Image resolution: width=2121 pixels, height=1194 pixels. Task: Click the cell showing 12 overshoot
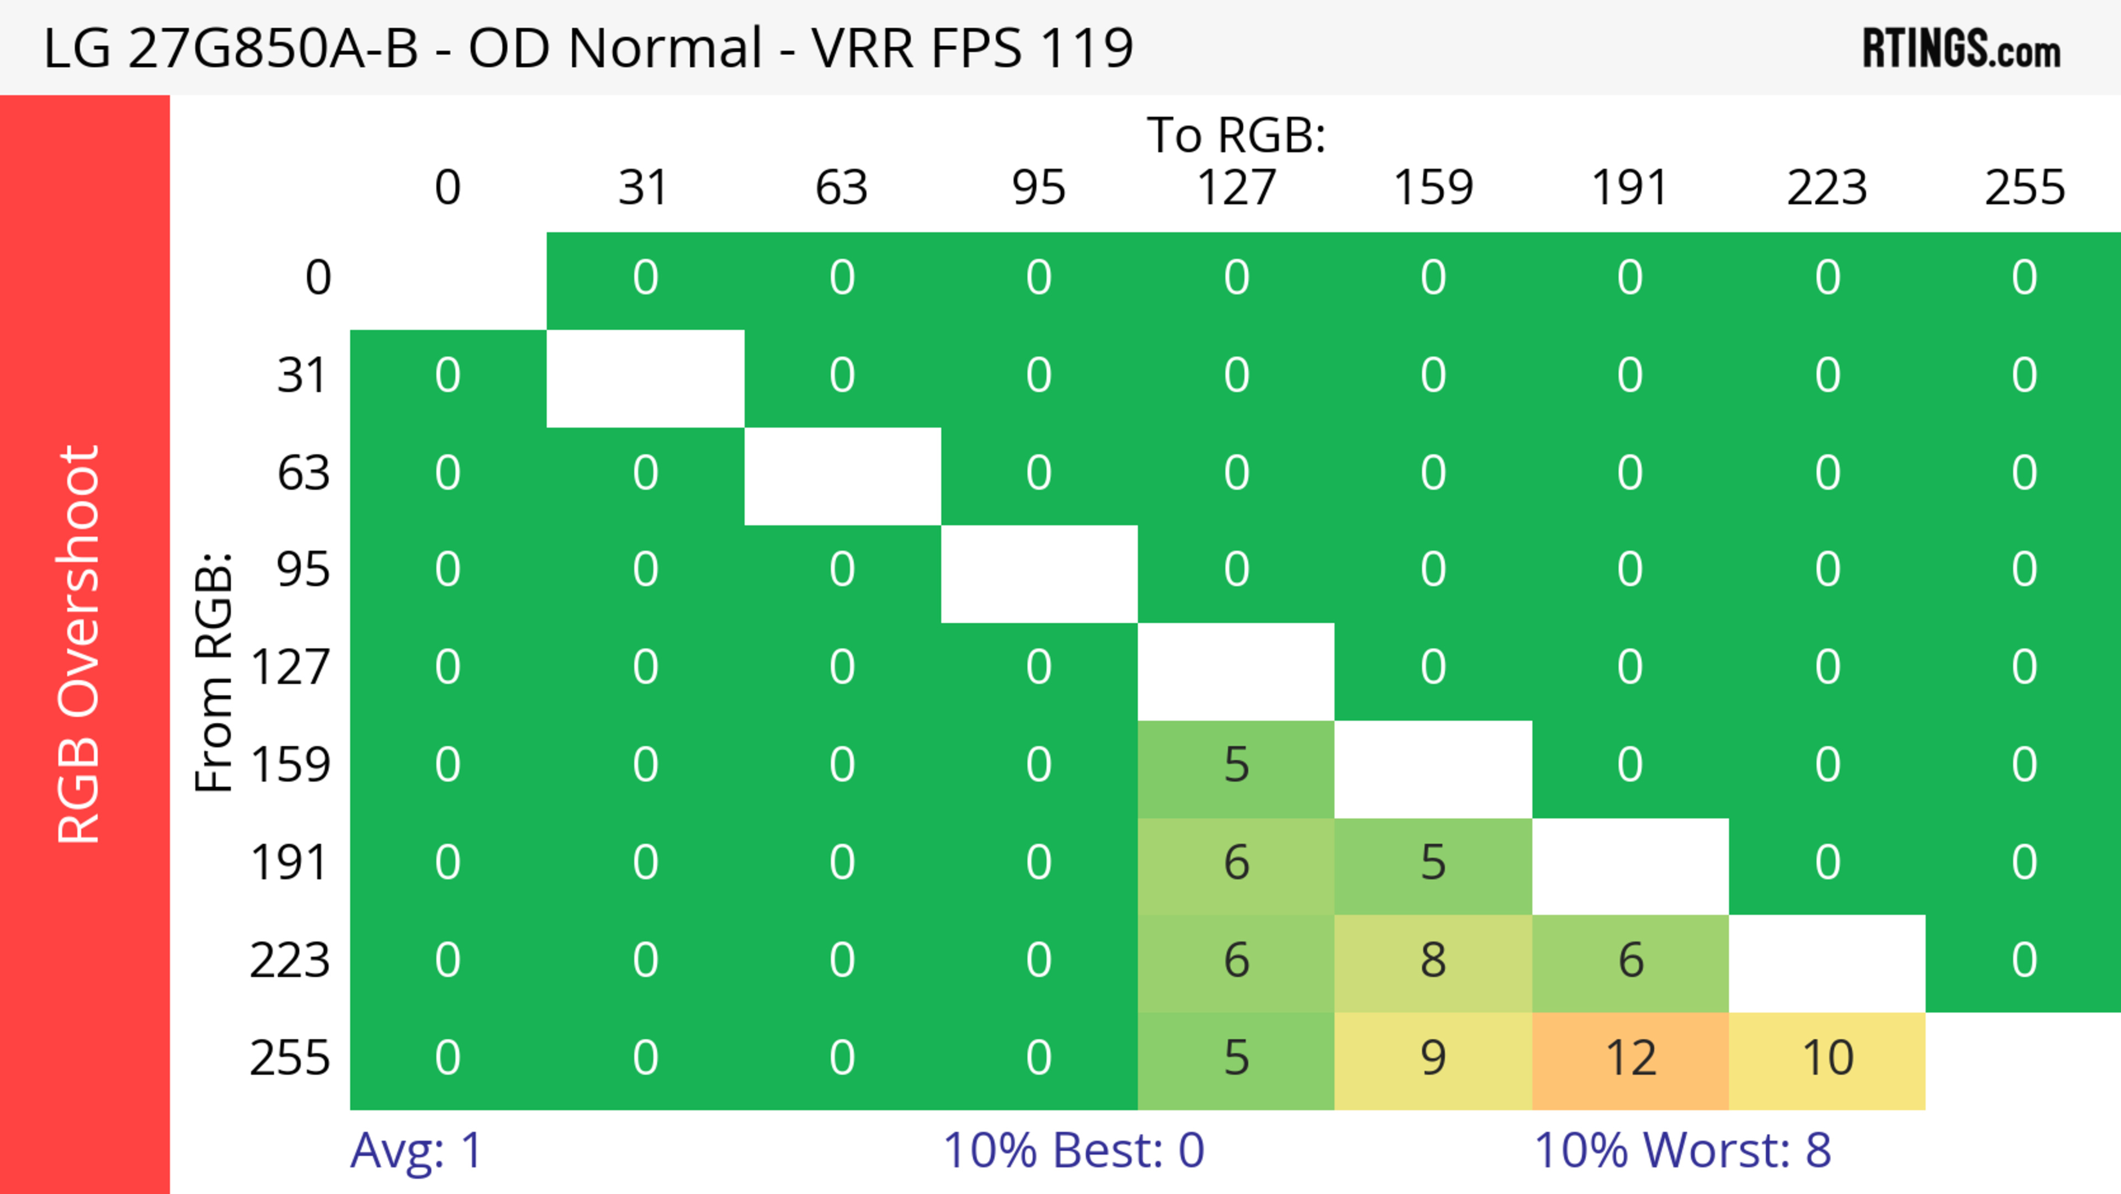click(1631, 1059)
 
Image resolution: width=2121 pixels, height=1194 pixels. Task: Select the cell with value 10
click(1827, 1059)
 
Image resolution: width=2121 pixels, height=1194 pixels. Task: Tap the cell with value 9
click(1433, 1059)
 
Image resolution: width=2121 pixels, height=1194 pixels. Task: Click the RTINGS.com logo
click(1961, 49)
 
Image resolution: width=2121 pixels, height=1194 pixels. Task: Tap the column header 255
click(2025, 188)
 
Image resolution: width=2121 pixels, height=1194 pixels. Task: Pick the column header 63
click(841, 188)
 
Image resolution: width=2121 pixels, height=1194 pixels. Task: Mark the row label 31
click(302, 376)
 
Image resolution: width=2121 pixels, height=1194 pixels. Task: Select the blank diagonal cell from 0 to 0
click(448, 280)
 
